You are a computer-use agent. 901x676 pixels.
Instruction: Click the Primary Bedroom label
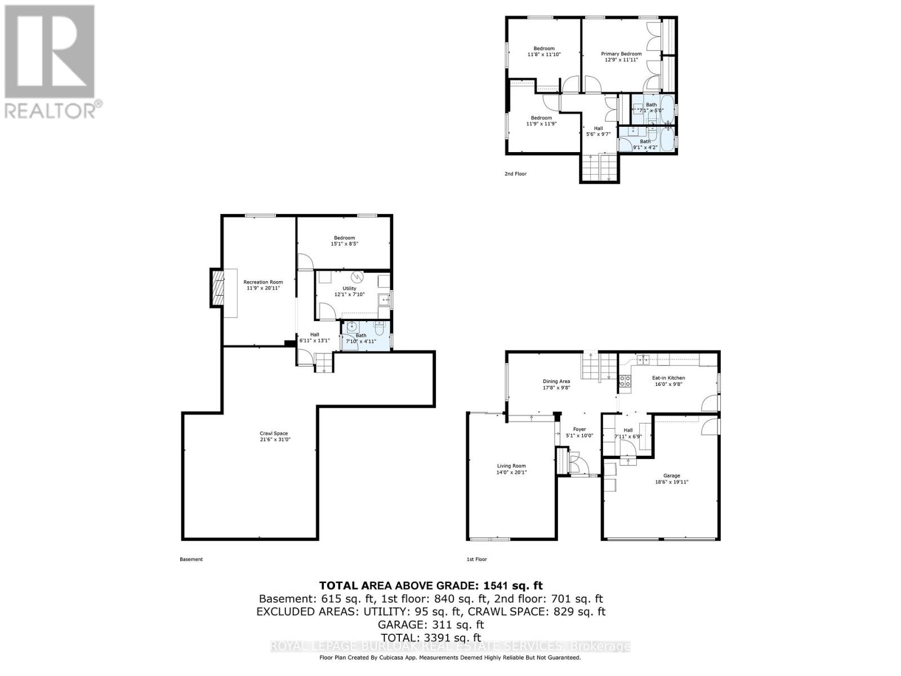click(x=621, y=54)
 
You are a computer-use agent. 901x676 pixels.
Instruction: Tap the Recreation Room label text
click(x=263, y=282)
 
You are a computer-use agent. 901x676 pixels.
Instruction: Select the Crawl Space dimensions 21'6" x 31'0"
click(x=274, y=439)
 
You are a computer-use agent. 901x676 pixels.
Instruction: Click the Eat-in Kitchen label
click(x=668, y=378)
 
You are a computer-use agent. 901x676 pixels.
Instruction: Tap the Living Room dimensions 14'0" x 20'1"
click(x=511, y=473)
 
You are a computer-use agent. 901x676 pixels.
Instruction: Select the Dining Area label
click(x=556, y=381)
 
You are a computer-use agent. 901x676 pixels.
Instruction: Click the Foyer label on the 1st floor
click(x=579, y=429)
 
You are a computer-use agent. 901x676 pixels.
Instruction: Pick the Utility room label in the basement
click(x=349, y=288)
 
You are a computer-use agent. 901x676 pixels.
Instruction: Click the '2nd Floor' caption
click(x=515, y=174)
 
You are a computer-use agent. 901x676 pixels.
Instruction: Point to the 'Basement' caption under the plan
click(x=191, y=559)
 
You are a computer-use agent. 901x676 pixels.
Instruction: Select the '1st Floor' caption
click(x=476, y=559)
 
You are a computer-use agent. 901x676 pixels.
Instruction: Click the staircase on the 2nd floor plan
click(x=600, y=167)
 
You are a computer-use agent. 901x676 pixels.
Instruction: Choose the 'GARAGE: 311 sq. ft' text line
click(x=431, y=624)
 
